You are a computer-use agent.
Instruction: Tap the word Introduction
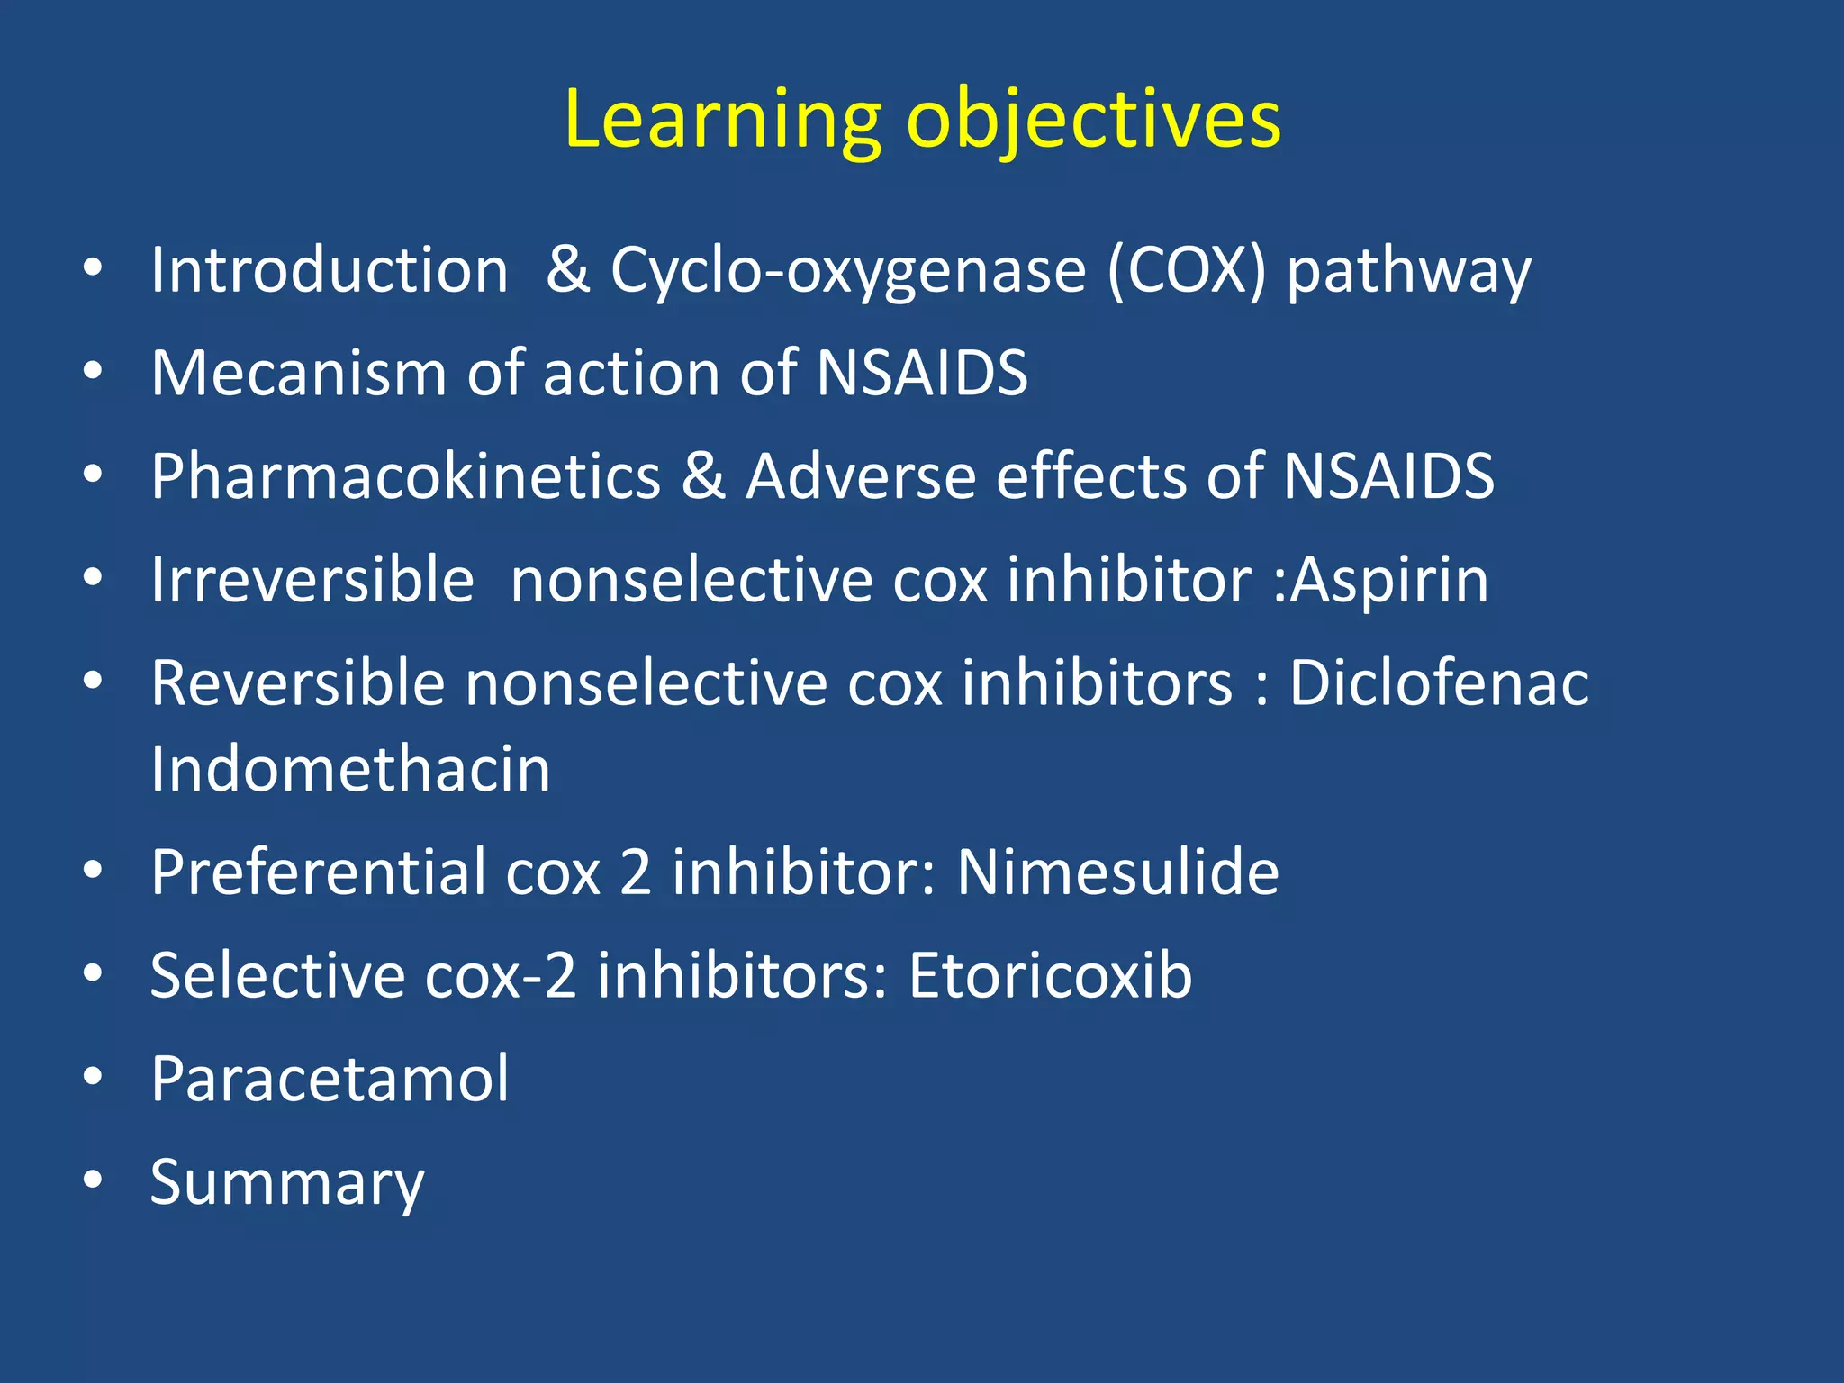point(330,270)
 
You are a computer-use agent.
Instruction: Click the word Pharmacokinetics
point(405,476)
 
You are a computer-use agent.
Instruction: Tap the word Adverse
point(861,476)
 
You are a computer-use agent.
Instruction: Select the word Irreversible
point(312,579)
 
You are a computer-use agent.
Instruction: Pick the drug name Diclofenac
point(1438,682)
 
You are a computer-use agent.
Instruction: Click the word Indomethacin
point(350,770)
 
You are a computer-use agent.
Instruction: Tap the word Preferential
point(318,872)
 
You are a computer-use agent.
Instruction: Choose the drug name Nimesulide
point(1116,872)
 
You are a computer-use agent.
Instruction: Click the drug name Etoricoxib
point(1050,975)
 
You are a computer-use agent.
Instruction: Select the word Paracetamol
point(330,1079)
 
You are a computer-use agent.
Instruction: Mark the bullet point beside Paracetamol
point(93,1077)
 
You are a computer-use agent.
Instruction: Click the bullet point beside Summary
point(93,1180)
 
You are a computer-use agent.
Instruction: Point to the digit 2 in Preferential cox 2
point(636,872)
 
